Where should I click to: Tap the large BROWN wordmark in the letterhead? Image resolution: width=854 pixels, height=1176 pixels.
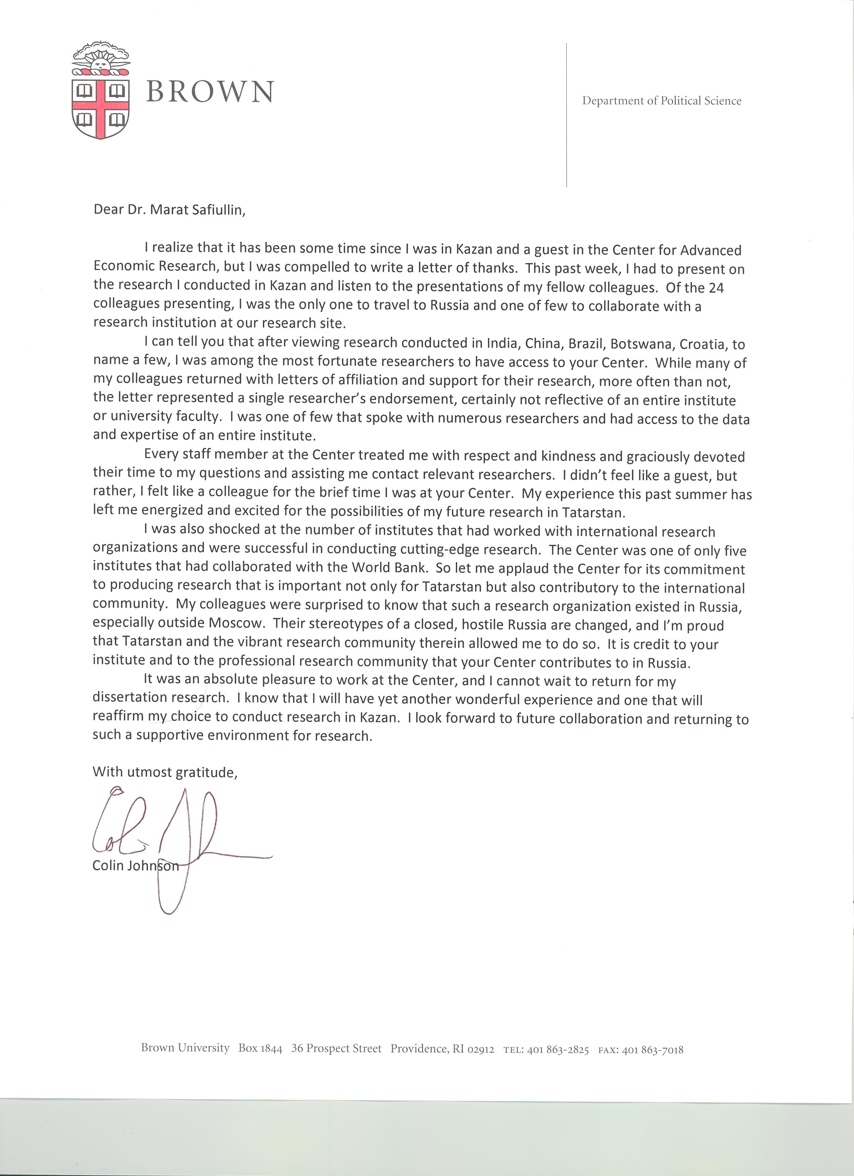click(x=210, y=92)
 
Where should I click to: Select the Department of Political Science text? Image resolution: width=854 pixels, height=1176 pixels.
click(x=662, y=101)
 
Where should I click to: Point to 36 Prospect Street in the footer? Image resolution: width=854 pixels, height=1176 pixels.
click(x=336, y=1048)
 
